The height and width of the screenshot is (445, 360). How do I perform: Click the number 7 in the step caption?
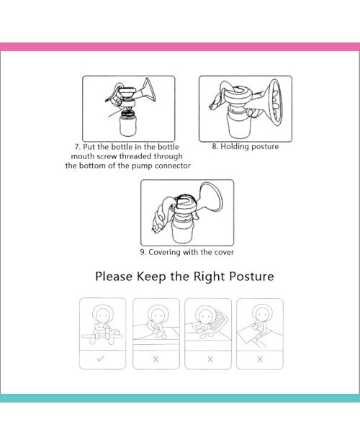(x=77, y=147)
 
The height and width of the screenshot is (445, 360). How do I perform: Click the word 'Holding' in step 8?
(x=234, y=147)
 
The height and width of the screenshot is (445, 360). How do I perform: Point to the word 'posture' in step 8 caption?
(x=264, y=147)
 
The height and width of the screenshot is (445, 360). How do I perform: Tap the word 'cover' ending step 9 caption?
(x=224, y=252)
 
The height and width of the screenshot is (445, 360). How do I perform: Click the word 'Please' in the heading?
(x=114, y=277)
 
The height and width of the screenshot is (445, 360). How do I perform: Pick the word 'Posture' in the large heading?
(x=251, y=277)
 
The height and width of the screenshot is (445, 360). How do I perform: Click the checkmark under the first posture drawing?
(x=100, y=359)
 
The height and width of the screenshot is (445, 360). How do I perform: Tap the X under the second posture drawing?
(x=156, y=359)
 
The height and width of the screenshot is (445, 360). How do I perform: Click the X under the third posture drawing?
(x=210, y=359)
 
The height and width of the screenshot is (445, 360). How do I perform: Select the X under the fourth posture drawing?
(x=260, y=359)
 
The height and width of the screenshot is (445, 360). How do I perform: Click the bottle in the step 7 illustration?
(x=129, y=123)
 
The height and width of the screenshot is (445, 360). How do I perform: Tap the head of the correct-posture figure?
(x=102, y=315)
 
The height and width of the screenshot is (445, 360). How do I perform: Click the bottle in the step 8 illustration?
(x=239, y=125)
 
